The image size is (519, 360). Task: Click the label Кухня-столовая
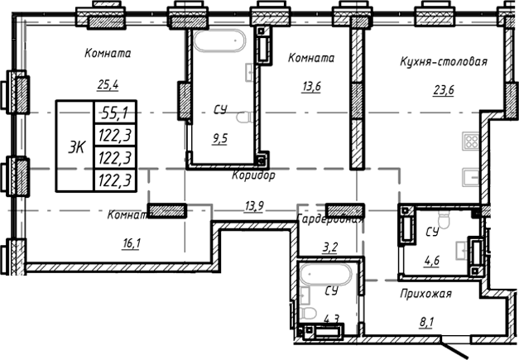pos(443,61)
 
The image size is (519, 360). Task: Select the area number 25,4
pos(108,84)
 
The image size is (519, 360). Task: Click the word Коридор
pos(253,176)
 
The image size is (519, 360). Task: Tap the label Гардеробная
pos(330,219)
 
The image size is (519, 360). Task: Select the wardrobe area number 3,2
pos(329,247)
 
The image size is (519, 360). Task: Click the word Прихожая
pos(425,293)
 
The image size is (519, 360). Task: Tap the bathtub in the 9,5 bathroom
pos(220,41)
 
